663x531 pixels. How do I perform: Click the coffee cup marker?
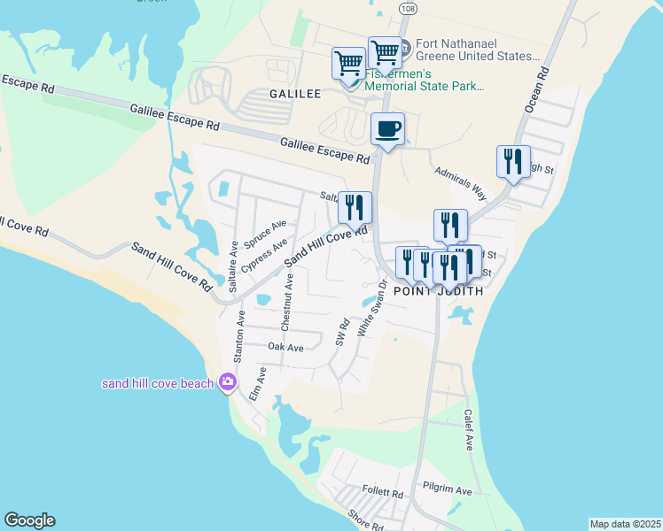coord(386,129)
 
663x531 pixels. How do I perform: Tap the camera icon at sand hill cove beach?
coord(228,382)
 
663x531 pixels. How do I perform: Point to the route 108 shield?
coord(407,8)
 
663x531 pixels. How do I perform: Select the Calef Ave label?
coord(468,430)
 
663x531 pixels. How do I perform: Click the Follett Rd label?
coord(383,491)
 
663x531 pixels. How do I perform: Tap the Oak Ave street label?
coord(285,348)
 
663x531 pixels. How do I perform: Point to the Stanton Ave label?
coord(238,335)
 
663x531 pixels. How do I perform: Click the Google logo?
coord(29,520)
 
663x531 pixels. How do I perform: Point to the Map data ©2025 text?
coord(625,524)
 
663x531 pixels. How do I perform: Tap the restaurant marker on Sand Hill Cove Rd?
coord(355,208)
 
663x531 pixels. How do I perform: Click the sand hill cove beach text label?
coord(158,383)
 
